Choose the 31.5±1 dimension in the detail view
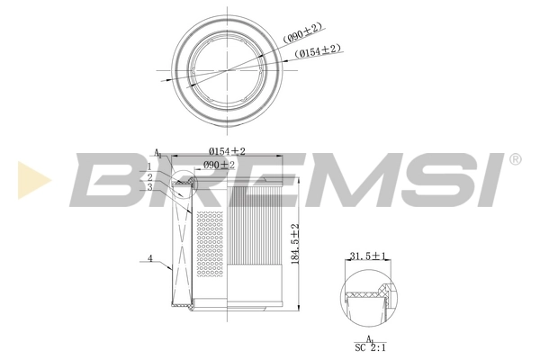[x=367, y=257]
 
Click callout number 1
[x=149, y=166]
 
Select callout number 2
[x=149, y=176]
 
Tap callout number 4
[x=149, y=260]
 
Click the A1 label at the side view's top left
[x=158, y=154]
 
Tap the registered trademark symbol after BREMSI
[x=515, y=159]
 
